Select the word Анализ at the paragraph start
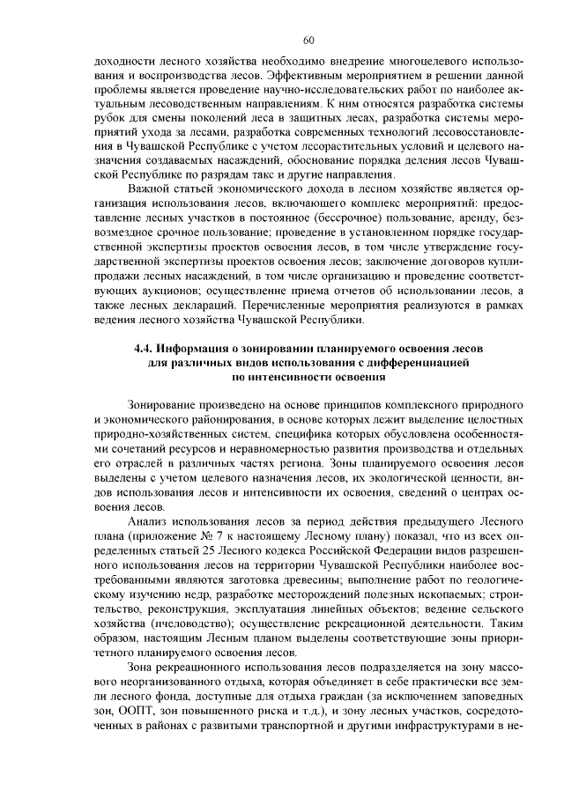[x=147, y=520]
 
